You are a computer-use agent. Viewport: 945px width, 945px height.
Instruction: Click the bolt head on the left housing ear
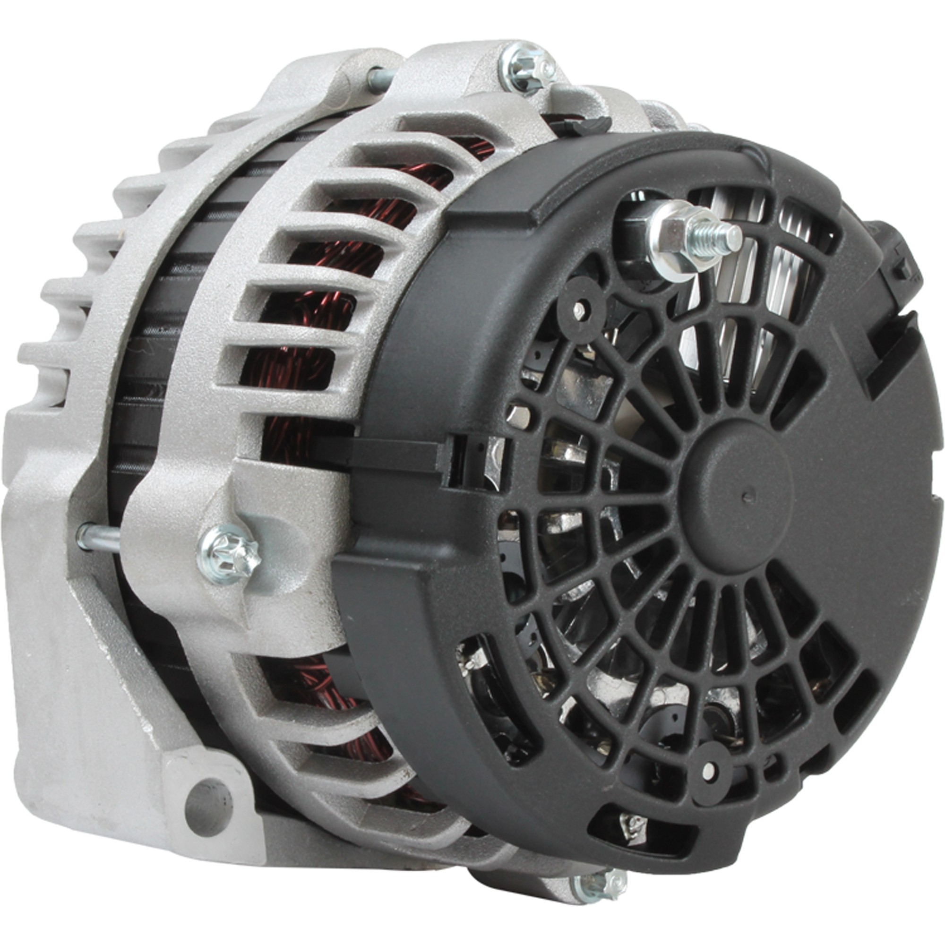pyautogui.click(x=229, y=554)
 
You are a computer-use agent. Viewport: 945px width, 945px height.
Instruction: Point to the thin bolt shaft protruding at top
pyautogui.click(x=381, y=78)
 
